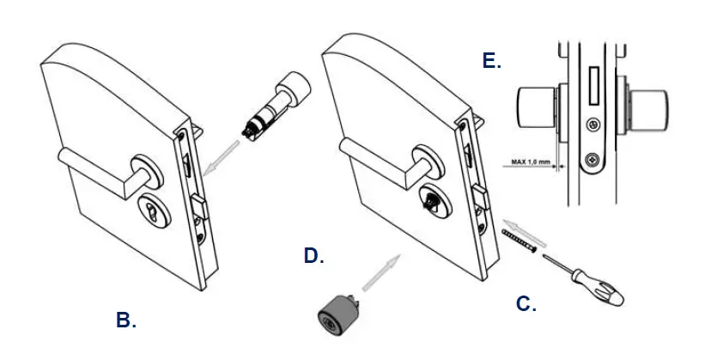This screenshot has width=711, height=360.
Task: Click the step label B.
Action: tap(126, 320)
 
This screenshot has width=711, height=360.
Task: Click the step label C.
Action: tap(526, 303)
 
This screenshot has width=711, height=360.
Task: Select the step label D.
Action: tap(314, 255)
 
